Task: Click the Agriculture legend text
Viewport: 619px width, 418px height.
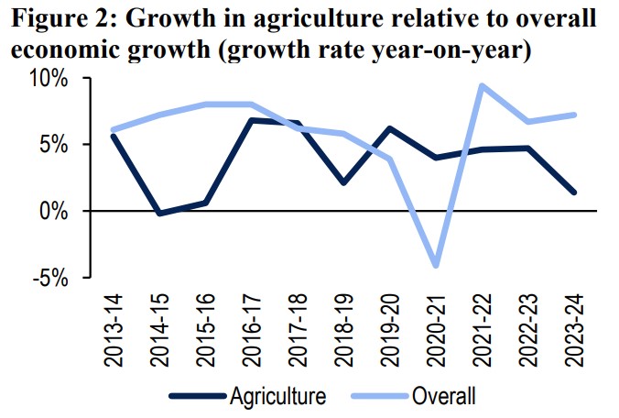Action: [x=277, y=397]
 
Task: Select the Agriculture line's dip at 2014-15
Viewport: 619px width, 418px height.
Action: [x=159, y=214]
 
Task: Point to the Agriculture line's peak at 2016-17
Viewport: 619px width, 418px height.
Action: [x=253, y=120]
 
